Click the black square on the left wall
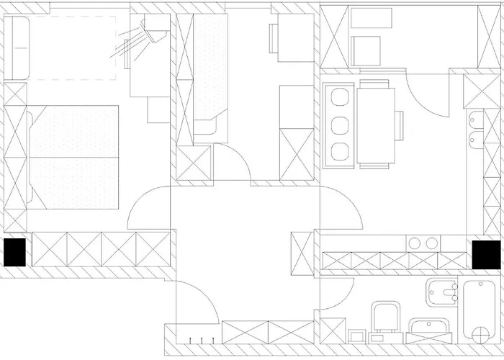pyautogui.click(x=14, y=252)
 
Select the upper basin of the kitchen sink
pyautogui.click(x=475, y=120)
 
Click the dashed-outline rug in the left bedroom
pyautogui.click(x=76, y=47)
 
